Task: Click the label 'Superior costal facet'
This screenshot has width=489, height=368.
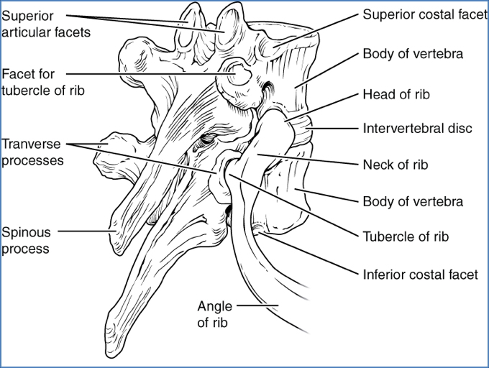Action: (424, 14)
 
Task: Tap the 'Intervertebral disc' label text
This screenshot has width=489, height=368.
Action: (417, 129)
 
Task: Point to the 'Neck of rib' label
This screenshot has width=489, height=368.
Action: (396, 165)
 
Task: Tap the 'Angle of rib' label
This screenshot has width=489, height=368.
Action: (214, 315)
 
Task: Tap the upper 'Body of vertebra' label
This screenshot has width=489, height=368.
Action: (413, 54)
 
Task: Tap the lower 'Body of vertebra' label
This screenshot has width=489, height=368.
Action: (413, 202)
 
